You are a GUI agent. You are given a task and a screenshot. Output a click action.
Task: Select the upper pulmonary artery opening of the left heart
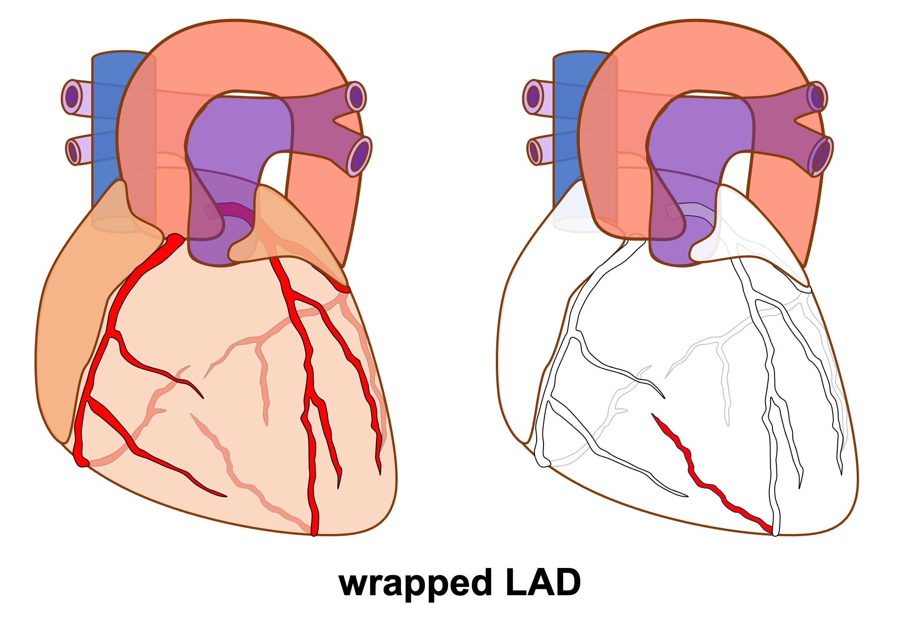click(356, 96)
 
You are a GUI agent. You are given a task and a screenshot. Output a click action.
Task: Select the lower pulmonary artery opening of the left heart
click(359, 156)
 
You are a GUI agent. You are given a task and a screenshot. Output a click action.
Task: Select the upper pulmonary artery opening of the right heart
click(817, 96)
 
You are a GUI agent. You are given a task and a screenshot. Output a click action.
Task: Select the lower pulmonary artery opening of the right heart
click(820, 156)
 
